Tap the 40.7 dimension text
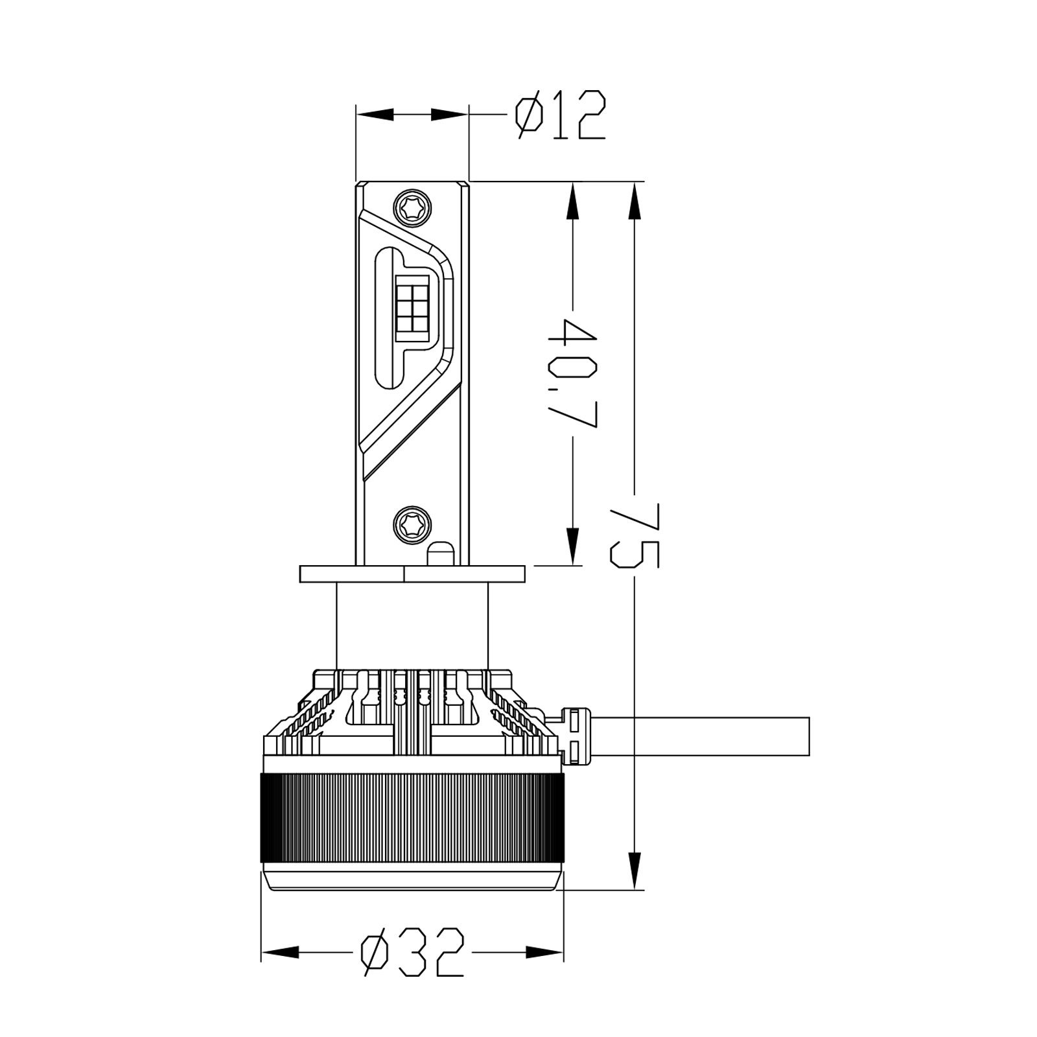pyautogui.click(x=572, y=373)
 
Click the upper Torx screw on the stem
pyautogui.click(x=413, y=208)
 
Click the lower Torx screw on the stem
pyautogui.click(x=413, y=522)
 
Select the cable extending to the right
pyautogui.click(x=700, y=736)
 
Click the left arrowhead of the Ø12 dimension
pyautogui.click(x=376, y=115)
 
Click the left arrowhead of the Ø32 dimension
pyautogui.click(x=280, y=952)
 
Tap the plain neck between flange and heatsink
pyautogui.click(x=412, y=625)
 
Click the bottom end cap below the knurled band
pyautogui.click(x=412, y=880)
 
